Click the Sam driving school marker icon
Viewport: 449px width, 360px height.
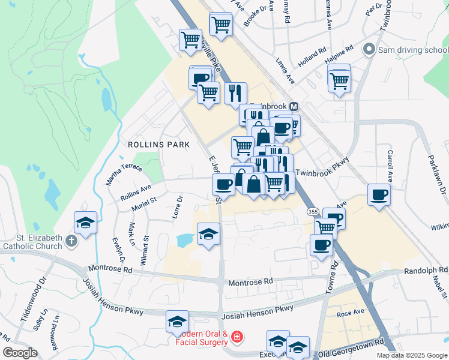[369, 50]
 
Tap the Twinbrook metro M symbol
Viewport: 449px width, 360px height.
[294, 106]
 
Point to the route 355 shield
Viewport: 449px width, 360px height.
[313, 212]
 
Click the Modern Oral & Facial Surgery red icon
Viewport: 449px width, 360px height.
[238, 338]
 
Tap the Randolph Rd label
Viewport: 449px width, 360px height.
[426, 271]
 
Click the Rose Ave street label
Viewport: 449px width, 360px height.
[351, 313]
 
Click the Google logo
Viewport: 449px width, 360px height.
[20, 353]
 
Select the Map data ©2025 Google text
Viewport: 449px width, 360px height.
[411, 355]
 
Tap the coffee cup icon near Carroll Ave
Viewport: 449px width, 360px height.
[379, 195]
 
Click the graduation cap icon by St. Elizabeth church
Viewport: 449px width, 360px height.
[86, 223]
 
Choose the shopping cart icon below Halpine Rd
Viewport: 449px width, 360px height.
[339, 79]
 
